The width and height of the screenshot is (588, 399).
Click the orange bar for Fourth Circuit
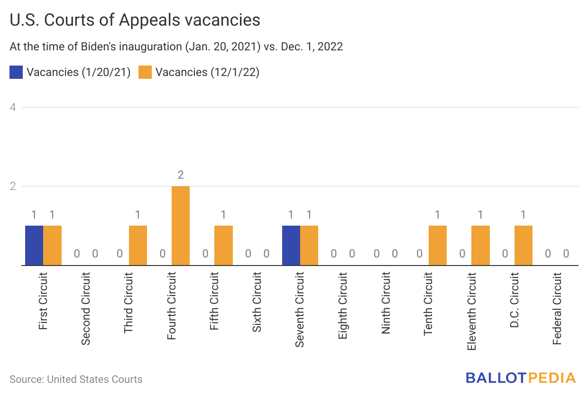coord(181,226)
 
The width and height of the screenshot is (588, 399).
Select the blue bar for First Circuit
coord(34,245)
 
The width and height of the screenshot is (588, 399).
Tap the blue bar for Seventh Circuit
coord(291,245)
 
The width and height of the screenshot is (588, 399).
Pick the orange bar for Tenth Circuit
coord(438,245)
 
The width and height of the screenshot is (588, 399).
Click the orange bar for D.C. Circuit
coord(524,245)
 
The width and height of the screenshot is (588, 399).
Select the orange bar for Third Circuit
coord(138,245)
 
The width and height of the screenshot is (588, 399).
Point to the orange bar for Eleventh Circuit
coord(480,245)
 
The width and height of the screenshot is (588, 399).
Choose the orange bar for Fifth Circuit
coord(223,245)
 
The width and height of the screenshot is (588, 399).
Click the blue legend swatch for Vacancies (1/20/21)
coord(16,72)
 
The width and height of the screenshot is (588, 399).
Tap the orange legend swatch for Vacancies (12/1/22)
coord(145,72)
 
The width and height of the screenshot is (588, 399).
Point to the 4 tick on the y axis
coord(13,107)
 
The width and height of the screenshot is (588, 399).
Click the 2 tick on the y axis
coord(13,186)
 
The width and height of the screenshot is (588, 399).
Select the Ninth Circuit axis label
coord(386,303)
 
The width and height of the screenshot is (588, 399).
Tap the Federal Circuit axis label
coord(557,308)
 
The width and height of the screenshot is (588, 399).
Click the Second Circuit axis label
coord(86,308)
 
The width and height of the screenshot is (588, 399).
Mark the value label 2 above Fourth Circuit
coord(181,175)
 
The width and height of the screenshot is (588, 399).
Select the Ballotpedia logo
coord(520,378)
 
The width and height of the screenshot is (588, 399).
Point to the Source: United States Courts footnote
coord(76,380)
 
